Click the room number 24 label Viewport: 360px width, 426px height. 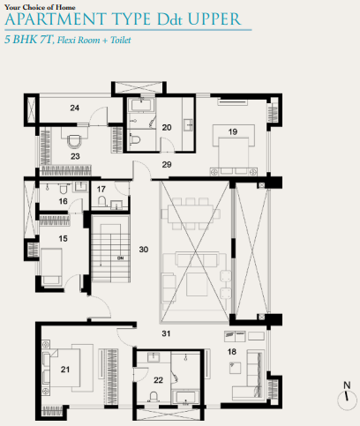(75, 108)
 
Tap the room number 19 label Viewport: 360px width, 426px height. (233, 131)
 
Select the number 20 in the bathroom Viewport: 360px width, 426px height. (167, 127)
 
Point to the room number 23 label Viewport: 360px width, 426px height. (75, 156)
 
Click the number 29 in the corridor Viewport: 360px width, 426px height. (167, 165)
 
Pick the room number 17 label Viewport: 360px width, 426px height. (101, 189)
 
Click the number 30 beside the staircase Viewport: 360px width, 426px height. (145, 250)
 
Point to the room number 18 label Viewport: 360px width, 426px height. (232, 352)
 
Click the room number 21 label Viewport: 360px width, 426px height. (64, 370)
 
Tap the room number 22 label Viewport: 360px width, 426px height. (158, 380)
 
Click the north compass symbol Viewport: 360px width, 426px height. (345, 399)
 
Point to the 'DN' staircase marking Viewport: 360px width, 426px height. (107, 259)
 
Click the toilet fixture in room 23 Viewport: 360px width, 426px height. (74, 139)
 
